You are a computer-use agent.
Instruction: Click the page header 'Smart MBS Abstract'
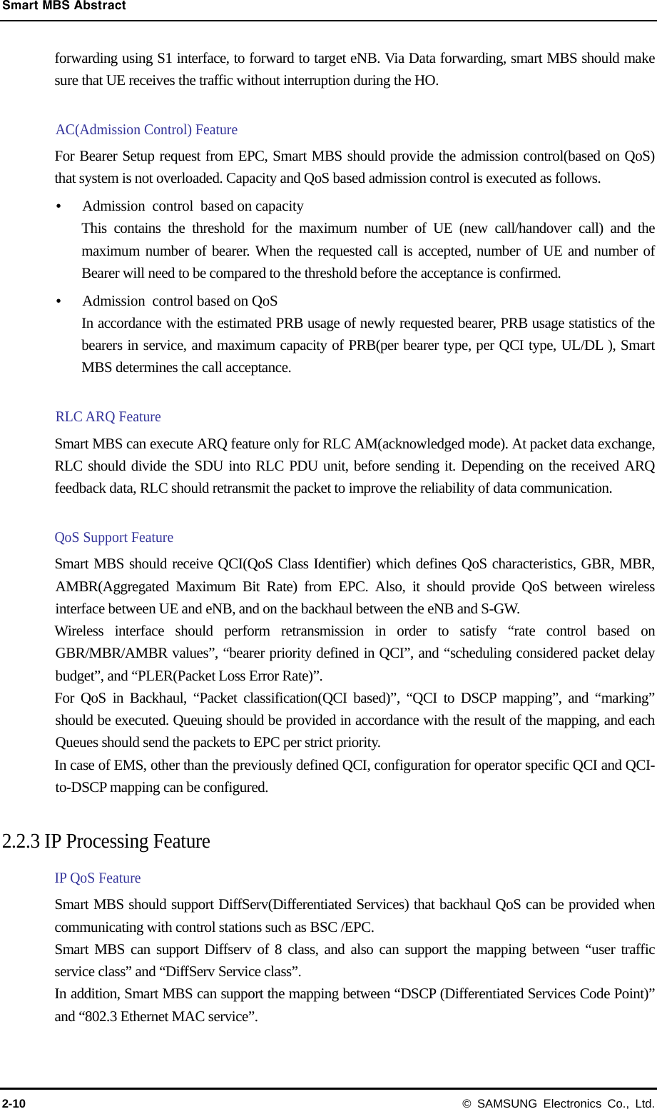coord(63,6)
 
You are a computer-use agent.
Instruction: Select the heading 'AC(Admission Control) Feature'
coord(146,129)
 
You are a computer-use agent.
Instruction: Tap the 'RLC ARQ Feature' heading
coord(108,416)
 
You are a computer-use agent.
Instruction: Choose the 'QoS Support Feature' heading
coord(114,537)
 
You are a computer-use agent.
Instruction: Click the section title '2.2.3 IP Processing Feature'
coord(106,841)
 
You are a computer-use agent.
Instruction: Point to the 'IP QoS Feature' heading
coord(98,878)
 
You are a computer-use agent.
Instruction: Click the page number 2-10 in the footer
coord(14,1103)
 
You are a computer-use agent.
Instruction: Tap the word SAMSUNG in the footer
coord(506,1103)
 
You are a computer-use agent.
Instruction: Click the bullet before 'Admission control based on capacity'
coord(58,206)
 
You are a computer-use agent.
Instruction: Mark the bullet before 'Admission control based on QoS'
coord(58,301)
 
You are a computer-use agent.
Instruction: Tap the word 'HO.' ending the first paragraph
coord(426,80)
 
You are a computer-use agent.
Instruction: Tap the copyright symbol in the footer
coord(467,1103)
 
